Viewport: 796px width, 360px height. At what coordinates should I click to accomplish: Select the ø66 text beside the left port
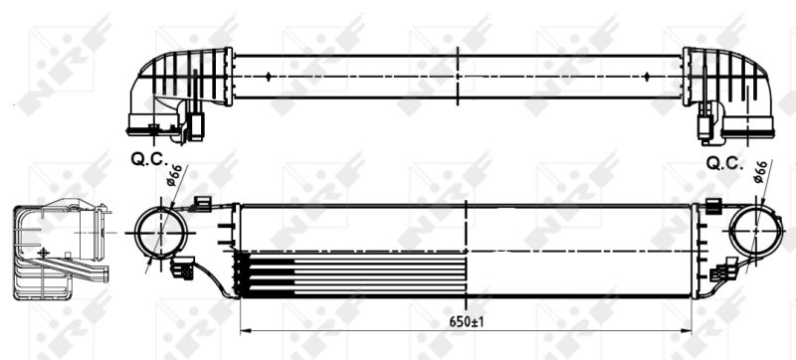pos(171,178)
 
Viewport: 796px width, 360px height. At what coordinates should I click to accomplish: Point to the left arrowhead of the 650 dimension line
pos(245,330)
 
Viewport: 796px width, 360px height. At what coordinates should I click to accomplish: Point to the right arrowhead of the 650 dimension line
pos(689,330)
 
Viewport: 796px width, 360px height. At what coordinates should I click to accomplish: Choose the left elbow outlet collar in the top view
pos(152,125)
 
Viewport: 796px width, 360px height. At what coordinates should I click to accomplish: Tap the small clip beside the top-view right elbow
pos(704,126)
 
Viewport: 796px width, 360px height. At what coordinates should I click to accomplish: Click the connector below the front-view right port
pos(723,269)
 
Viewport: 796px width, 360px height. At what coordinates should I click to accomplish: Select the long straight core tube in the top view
pos(458,76)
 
